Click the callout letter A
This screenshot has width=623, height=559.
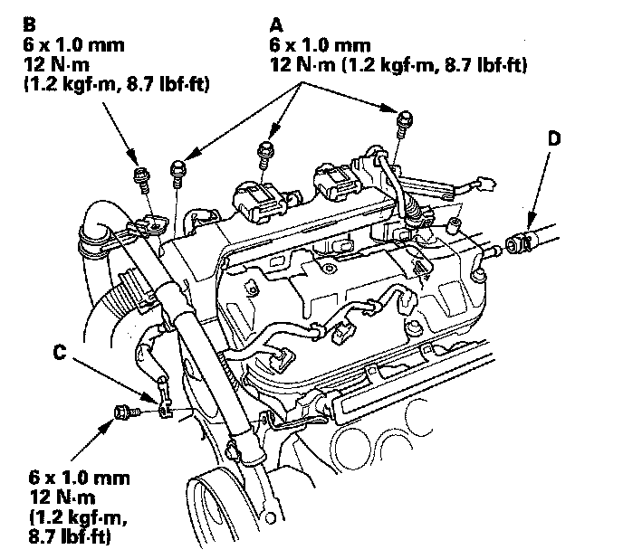pos(276,24)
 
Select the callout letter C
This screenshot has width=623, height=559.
pos(60,352)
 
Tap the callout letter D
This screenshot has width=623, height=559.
pos(554,138)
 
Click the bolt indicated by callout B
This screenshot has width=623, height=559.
pos(141,179)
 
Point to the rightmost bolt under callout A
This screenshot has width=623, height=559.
pos(405,124)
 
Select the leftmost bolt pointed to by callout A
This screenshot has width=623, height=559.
pos(177,173)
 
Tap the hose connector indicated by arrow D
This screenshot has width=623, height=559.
pos(519,242)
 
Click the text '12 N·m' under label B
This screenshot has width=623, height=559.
pos(56,65)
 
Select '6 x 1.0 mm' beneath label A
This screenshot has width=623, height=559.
pos(320,45)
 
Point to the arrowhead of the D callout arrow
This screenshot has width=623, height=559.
pos(530,227)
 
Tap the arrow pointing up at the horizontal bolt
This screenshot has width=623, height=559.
pos(91,440)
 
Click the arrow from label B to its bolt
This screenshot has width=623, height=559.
pos(120,134)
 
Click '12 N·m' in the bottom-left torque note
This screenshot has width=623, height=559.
pos(62,497)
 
